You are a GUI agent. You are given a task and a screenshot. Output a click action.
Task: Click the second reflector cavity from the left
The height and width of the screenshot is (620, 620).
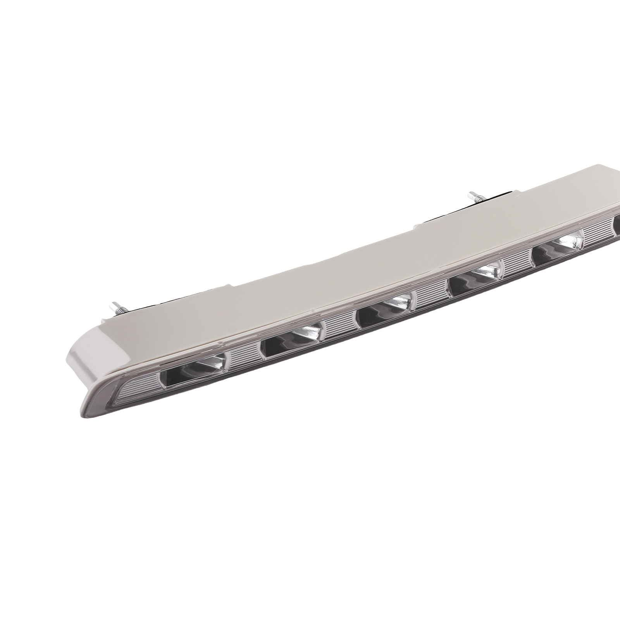292,340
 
